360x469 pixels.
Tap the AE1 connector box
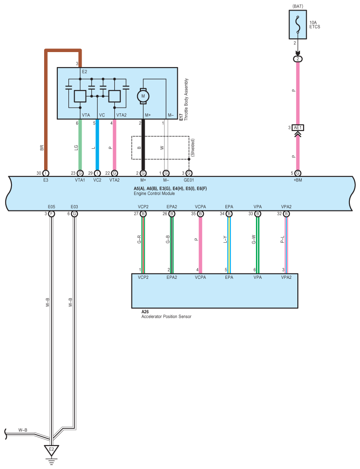click(298, 128)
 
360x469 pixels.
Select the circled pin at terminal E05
click(52, 214)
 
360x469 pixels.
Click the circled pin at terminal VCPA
click(200, 214)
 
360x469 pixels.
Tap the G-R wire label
click(139, 240)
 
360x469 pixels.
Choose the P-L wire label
click(282, 240)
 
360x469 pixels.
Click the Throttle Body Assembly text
click(187, 100)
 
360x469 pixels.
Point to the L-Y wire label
click(225, 240)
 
